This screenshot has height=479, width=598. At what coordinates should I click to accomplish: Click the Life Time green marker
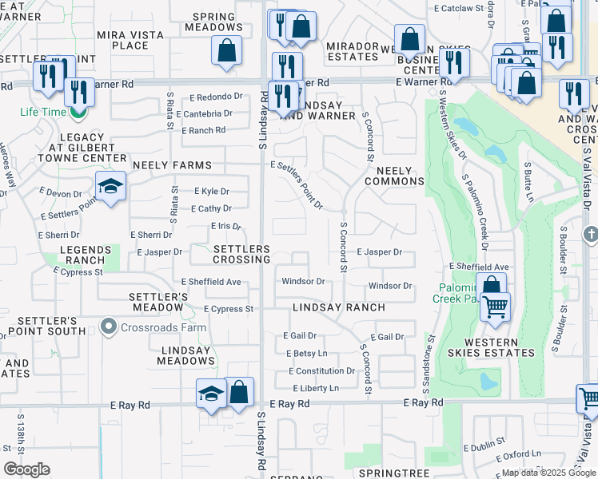[78, 113]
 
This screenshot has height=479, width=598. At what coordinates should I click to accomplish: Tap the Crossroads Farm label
[164, 327]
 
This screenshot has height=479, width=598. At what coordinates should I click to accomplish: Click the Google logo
[26, 469]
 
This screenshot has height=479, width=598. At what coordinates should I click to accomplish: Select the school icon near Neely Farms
[110, 187]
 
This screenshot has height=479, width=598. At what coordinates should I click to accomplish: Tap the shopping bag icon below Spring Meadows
[227, 49]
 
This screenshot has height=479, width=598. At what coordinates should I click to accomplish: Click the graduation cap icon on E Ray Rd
[211, 394]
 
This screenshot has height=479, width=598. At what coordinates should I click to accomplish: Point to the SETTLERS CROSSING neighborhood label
[241, 255]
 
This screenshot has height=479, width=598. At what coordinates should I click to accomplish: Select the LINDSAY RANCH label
[327, 307]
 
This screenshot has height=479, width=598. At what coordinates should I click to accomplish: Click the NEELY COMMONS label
[393, 176]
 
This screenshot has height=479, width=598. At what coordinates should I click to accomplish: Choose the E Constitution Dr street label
[321, 371]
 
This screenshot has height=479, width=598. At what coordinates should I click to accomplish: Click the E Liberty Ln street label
[312, 388]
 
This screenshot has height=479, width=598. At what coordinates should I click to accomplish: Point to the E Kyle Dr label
[212, 192]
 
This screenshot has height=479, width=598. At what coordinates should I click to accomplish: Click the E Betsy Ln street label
[305, 353]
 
